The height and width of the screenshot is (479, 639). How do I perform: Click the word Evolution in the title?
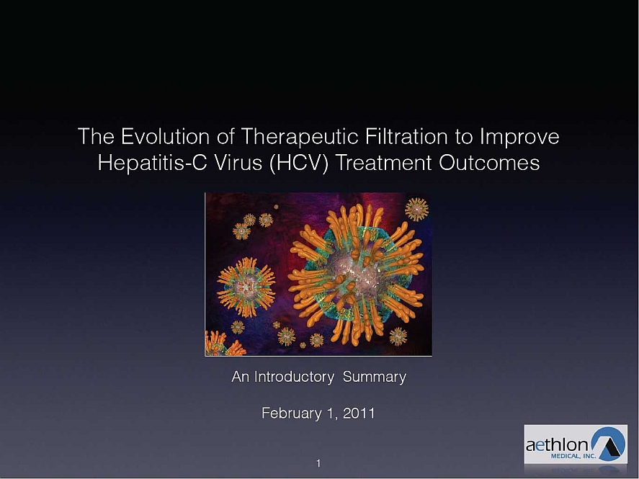[x=166, y=136]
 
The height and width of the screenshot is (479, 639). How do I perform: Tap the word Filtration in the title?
[x=407, y=136]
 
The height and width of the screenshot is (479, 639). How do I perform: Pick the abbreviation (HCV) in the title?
[x=298, y=164]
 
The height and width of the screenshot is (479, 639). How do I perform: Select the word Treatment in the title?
[x=383, y=163]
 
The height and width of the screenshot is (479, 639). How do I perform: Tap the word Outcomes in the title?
[x=489, y=163]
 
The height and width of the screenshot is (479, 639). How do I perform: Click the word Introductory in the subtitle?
[x=294, y=377]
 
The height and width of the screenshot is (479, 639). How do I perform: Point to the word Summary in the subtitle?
[x=375, y=377]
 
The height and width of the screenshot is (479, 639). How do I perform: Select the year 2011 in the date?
[x=359, y=413]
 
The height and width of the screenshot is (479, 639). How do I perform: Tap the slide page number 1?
[x=318, y=463]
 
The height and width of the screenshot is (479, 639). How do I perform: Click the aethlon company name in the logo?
[x=557, y=445]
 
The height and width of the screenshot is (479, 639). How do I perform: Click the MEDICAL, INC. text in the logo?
[x=573, y=456]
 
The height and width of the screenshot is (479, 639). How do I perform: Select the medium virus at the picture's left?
[x=246, y=287]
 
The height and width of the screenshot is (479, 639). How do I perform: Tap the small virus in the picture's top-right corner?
[x=416, y=210]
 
